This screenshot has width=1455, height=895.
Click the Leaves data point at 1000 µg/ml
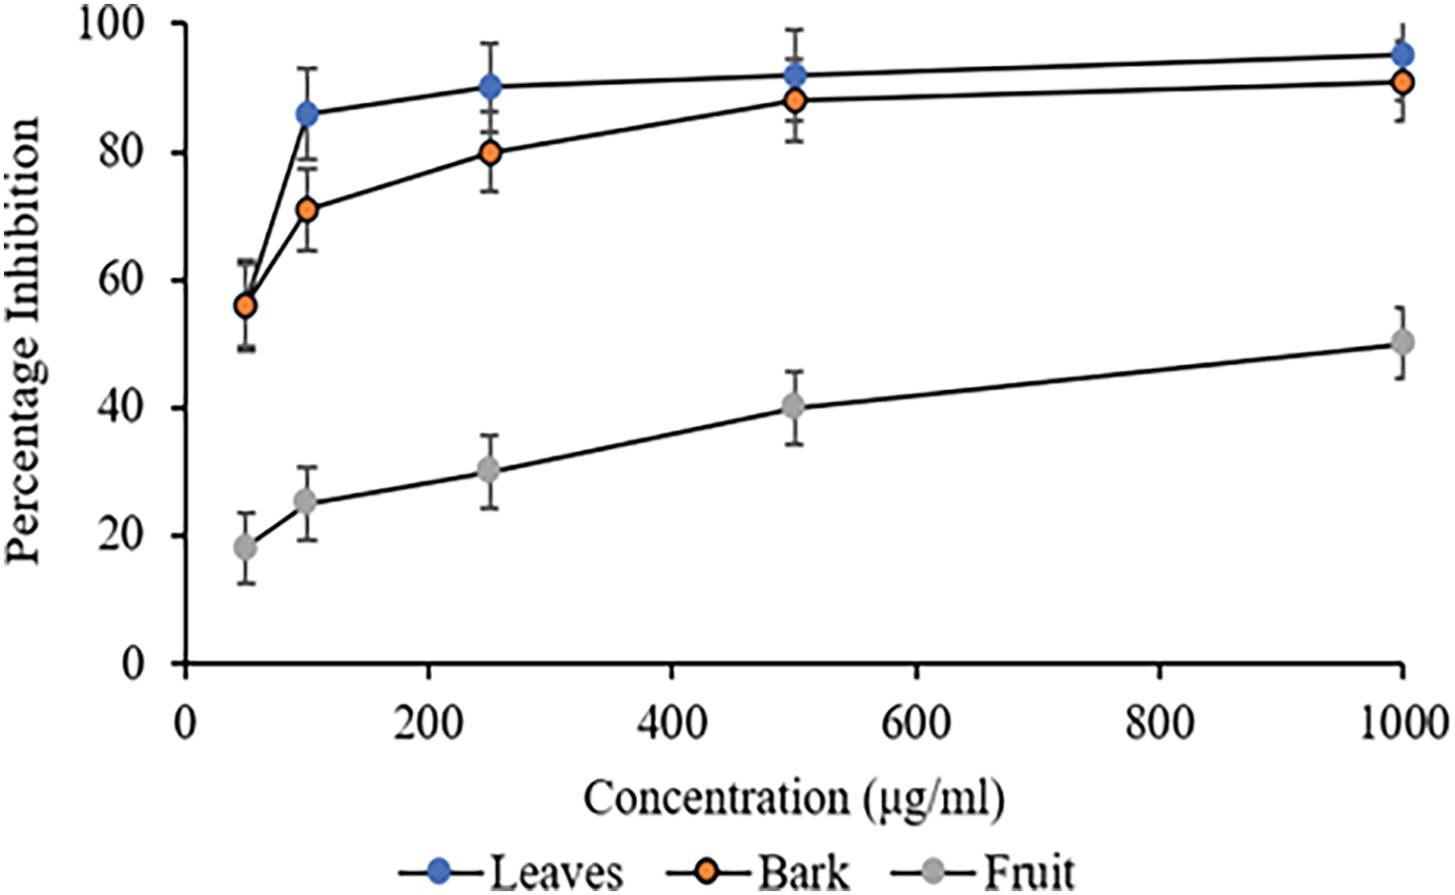(1402, 55)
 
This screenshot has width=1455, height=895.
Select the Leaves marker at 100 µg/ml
(307, 115)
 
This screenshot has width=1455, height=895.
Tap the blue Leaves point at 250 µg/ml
(490, 87)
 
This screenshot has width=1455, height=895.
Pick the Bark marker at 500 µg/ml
(795, 100)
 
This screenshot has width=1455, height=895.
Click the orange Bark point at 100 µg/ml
(307, 210)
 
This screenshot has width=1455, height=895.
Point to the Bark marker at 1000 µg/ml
(1402, 83)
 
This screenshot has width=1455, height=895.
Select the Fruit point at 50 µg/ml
(245, 547)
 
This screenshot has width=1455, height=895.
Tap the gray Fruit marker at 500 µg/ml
(795, 406)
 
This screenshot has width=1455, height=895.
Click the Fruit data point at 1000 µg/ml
(1402, 343)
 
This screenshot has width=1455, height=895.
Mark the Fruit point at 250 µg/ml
(490, 470)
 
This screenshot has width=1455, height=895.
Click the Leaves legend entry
(512, 872)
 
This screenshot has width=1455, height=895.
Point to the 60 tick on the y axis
(124, 280)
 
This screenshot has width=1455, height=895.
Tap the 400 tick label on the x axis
(671, 722)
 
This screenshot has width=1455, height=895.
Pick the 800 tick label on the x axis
(1158, 722)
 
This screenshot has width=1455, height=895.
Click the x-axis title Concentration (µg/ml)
(794, 799)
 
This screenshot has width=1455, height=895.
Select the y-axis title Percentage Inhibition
(23, 340)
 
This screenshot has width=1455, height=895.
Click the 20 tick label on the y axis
(124, 536)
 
